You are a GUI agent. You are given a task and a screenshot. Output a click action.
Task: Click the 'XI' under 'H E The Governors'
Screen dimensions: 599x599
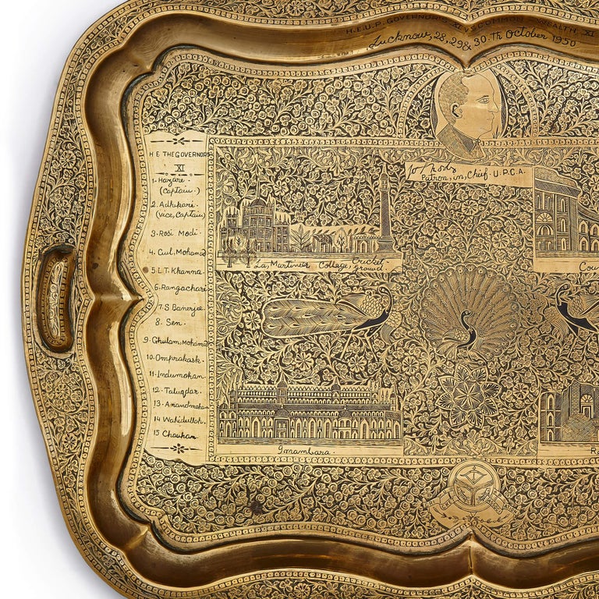tap(178, 166)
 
